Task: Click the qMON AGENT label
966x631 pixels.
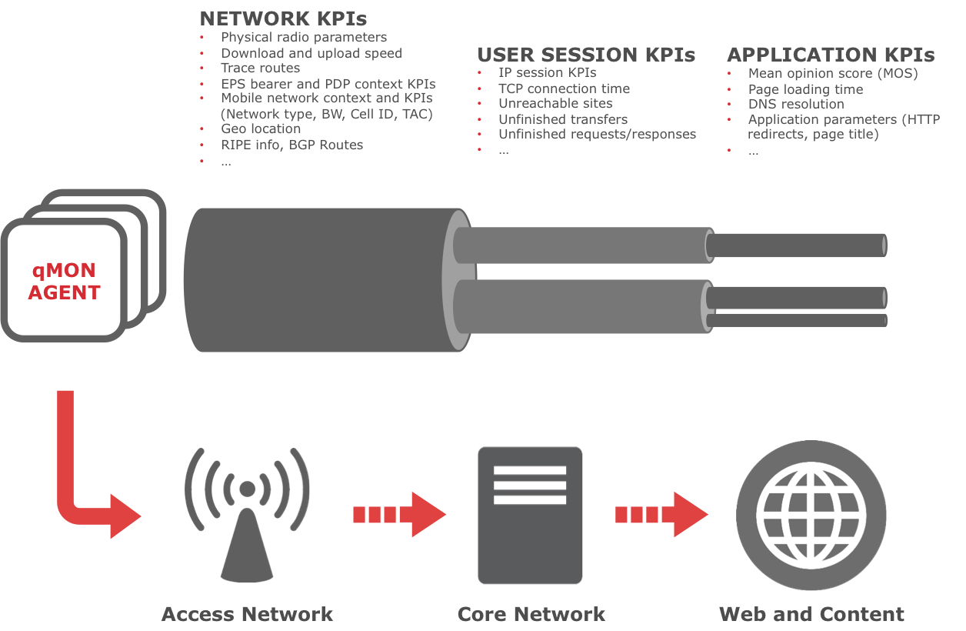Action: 64,282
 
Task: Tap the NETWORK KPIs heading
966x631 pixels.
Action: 282,18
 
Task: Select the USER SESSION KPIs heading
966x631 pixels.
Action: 586,55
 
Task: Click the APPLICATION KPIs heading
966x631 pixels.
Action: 831,55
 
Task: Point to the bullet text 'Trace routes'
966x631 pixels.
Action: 260,68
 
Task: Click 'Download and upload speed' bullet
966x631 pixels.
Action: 311,53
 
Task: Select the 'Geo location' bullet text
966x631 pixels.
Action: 261,129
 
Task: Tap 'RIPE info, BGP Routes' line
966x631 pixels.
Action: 291,144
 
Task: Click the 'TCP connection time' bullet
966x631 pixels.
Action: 564,88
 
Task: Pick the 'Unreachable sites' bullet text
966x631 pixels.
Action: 555,103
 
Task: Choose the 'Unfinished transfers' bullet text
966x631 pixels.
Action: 563,119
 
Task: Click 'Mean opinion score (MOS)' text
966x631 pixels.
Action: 833,74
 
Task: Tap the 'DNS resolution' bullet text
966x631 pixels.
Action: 796,104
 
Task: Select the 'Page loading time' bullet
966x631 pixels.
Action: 805,89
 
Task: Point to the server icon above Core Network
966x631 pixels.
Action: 530,516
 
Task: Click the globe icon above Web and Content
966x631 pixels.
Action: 811,515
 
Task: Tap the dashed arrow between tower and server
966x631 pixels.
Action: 398,515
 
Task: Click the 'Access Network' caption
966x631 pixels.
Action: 247,614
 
